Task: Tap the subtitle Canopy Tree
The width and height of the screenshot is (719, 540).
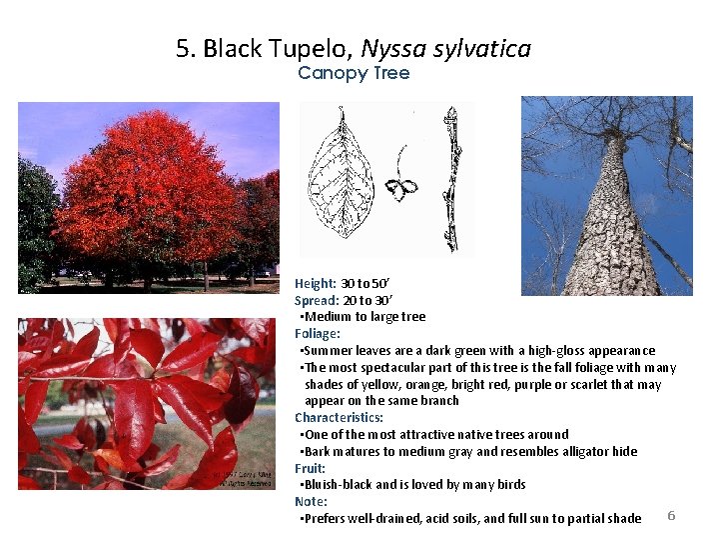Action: (x=354, y=73)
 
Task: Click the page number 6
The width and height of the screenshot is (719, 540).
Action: (x=671, y=515)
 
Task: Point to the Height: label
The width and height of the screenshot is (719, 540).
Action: (x=316, y=283)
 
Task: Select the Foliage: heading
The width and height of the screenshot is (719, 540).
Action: (x=318, y=334)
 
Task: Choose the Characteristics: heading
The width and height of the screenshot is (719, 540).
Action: (x=339, y=417)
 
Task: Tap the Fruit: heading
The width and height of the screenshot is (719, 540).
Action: (x=311, y=468)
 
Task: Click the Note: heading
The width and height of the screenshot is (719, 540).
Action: (x=311, y=501)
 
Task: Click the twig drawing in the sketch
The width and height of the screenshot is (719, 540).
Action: (x=452, y=180)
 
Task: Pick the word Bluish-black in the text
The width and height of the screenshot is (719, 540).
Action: (x=338, y=485)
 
